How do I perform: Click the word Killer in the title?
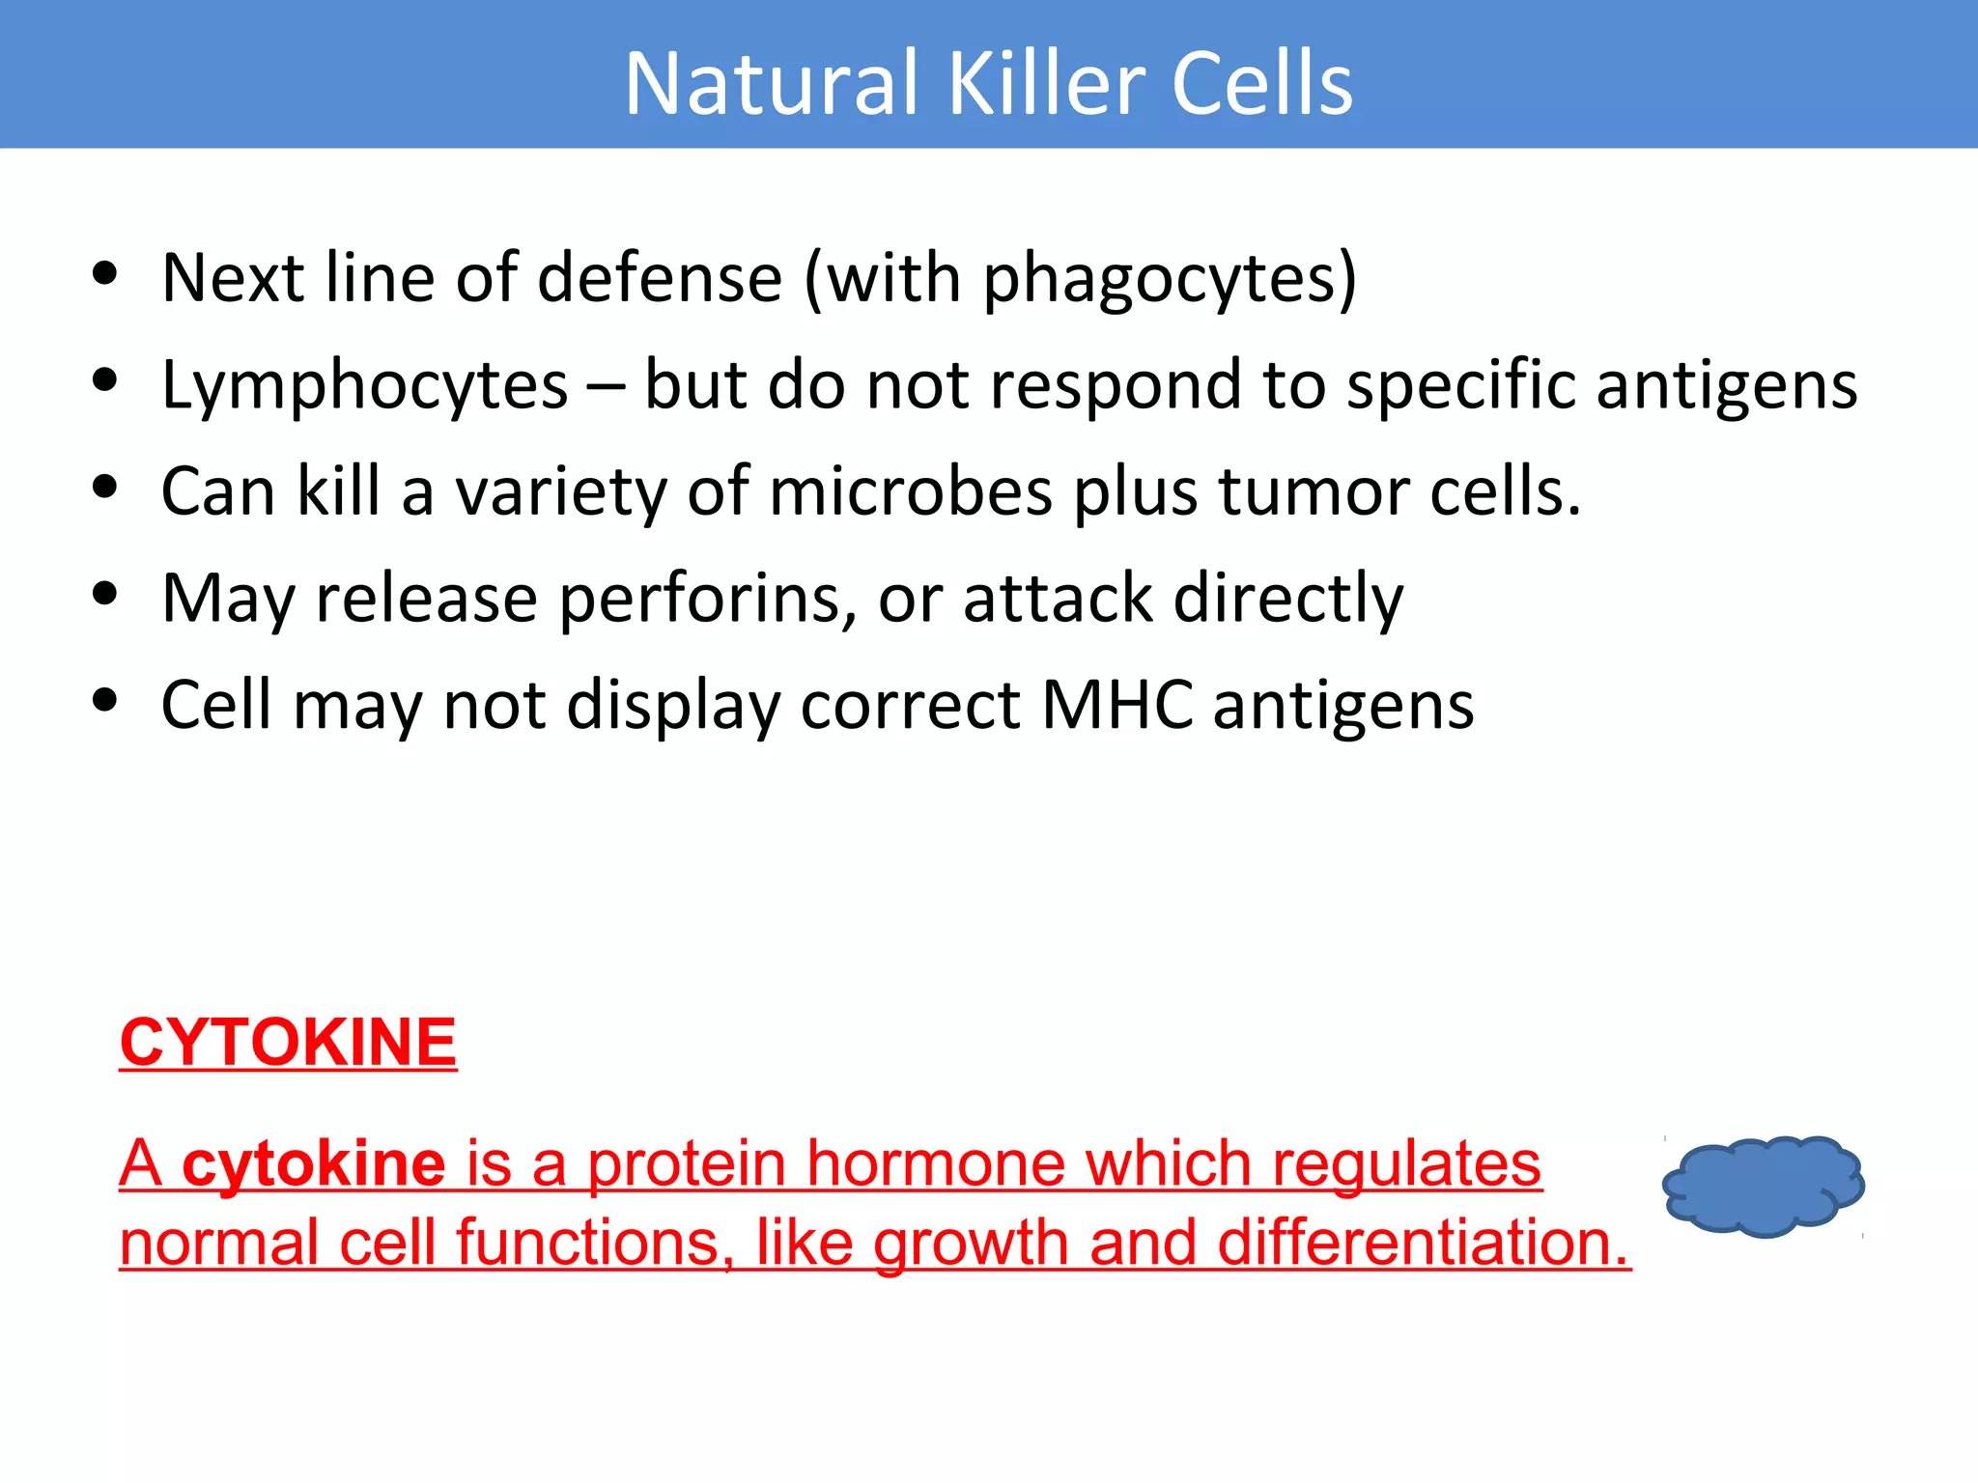(x=1047, y=84)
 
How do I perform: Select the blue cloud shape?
(x=1764, y=1187)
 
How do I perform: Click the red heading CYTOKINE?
(x=288, y=1043)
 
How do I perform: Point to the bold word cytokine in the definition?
(x=314, y=1163)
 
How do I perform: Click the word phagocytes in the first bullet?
(x=1160, y=280)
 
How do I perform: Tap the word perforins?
(x=708, y=600)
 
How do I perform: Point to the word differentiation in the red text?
(x=1424, y=1243)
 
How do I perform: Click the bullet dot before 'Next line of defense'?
(x=105, y=273)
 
